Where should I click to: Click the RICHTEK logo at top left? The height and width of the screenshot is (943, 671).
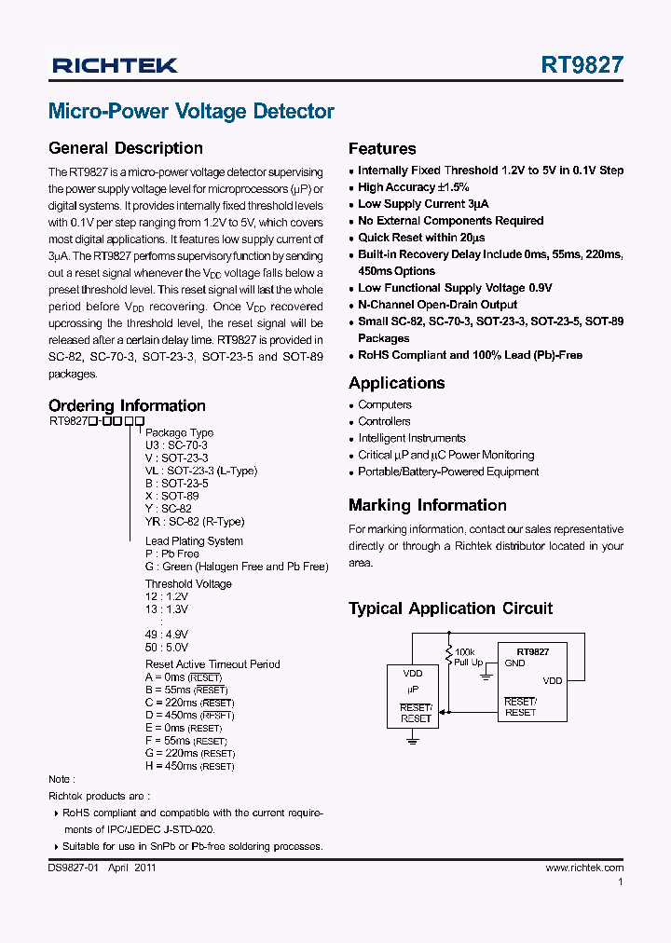115,65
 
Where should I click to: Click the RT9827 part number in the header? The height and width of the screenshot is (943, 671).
582,65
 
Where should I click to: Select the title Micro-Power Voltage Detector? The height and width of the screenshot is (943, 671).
191,112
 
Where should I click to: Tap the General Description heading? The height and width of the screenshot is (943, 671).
125,148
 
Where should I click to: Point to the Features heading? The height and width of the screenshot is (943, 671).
382,149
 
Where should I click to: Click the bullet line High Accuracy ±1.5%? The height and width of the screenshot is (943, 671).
414,187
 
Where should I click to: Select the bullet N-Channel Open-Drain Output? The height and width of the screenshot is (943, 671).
437,305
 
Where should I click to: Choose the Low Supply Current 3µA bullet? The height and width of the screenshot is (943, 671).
423,204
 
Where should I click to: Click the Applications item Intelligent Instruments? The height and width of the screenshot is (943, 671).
412,438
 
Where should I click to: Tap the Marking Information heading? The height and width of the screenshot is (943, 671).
427,506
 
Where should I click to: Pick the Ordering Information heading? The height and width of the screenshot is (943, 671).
127,405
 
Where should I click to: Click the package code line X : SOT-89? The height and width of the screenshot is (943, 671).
171,497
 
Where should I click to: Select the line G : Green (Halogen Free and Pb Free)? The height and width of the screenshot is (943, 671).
236,567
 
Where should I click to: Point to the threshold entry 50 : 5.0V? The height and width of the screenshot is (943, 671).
167,647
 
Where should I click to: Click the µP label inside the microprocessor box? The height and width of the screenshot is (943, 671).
412,689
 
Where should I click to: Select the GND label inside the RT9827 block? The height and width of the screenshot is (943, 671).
514,663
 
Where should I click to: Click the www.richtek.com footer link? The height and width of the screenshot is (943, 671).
584,868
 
